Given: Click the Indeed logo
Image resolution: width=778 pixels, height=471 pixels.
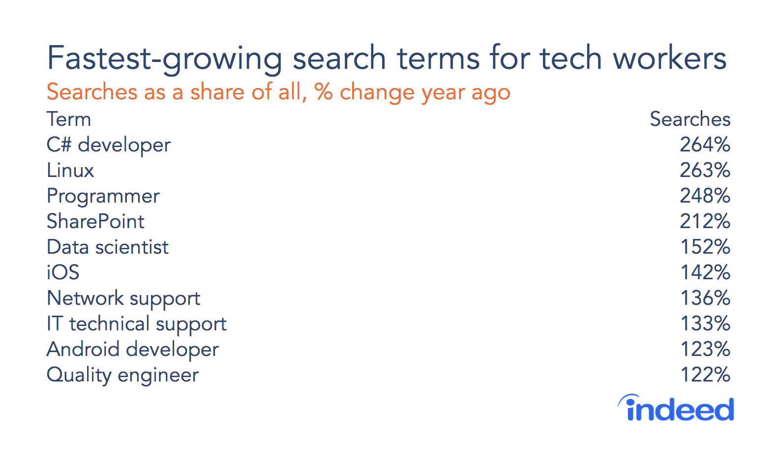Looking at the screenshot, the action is coord(676,408).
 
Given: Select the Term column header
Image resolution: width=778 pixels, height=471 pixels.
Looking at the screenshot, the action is coord(69,119).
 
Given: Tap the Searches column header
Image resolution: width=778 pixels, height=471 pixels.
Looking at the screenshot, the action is coord(690,119).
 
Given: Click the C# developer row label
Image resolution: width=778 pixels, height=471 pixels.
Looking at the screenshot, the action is coord(109,145).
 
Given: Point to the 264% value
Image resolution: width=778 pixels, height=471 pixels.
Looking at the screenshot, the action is coord(705,145).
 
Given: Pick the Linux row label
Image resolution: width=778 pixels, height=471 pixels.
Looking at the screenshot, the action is coord(70,170).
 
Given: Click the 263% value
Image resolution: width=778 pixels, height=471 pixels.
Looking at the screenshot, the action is coord(705,170).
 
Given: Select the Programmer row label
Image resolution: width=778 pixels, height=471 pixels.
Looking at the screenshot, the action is coord(103,196).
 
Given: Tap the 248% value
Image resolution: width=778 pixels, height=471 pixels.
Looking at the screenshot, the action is coord(705,196).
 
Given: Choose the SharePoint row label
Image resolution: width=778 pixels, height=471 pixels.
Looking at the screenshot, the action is coord(95,221).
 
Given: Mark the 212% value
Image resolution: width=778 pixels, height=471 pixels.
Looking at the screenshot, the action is coord(705,221).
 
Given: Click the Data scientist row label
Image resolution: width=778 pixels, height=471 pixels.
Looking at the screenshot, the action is coord(108,247).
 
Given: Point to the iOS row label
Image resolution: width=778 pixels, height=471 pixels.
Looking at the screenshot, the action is coord(63,272).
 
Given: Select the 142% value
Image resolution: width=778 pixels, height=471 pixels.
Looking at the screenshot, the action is coord(705,272).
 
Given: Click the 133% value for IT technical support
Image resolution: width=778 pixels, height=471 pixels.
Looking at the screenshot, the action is coord(705,324).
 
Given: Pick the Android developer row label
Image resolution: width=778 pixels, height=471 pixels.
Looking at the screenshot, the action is coord(133,350).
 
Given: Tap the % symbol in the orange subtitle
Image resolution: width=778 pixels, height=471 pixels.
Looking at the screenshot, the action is coord(324,92).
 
